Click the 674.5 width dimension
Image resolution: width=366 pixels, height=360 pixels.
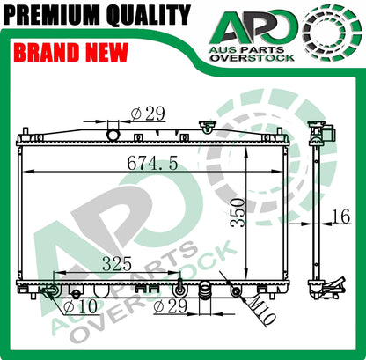(x=152, y=163)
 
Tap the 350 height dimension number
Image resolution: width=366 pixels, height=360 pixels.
(x=238, y=213)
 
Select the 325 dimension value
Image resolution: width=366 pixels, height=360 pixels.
(x=117, y=264)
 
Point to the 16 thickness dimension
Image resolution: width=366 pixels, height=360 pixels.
(x=340, y=217)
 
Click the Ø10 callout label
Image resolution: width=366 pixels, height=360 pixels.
(x=80, y=306)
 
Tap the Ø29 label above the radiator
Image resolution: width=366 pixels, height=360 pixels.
(x=148, y=114)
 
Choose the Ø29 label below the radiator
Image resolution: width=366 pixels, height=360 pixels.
(x=170, y=306)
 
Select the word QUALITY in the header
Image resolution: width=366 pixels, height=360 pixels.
(x=149, y=15)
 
